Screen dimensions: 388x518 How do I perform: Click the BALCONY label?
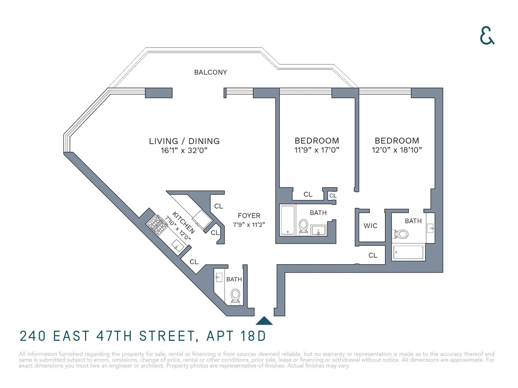pos(210,72)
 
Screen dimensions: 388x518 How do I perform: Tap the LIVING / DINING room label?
pos(184,141)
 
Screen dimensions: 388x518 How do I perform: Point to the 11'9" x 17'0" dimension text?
pos(317,150)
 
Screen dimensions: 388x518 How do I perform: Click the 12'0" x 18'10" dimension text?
pos(397,150)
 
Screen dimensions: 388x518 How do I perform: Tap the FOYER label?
pos(249,216)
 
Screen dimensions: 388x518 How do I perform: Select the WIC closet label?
pos(370,226)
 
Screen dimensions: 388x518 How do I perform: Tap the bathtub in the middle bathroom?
pos(287,220)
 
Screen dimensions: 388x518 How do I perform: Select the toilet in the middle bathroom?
pos(304,226)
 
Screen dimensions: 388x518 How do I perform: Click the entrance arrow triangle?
pos(264,321)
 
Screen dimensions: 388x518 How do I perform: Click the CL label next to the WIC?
pos(373,255)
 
